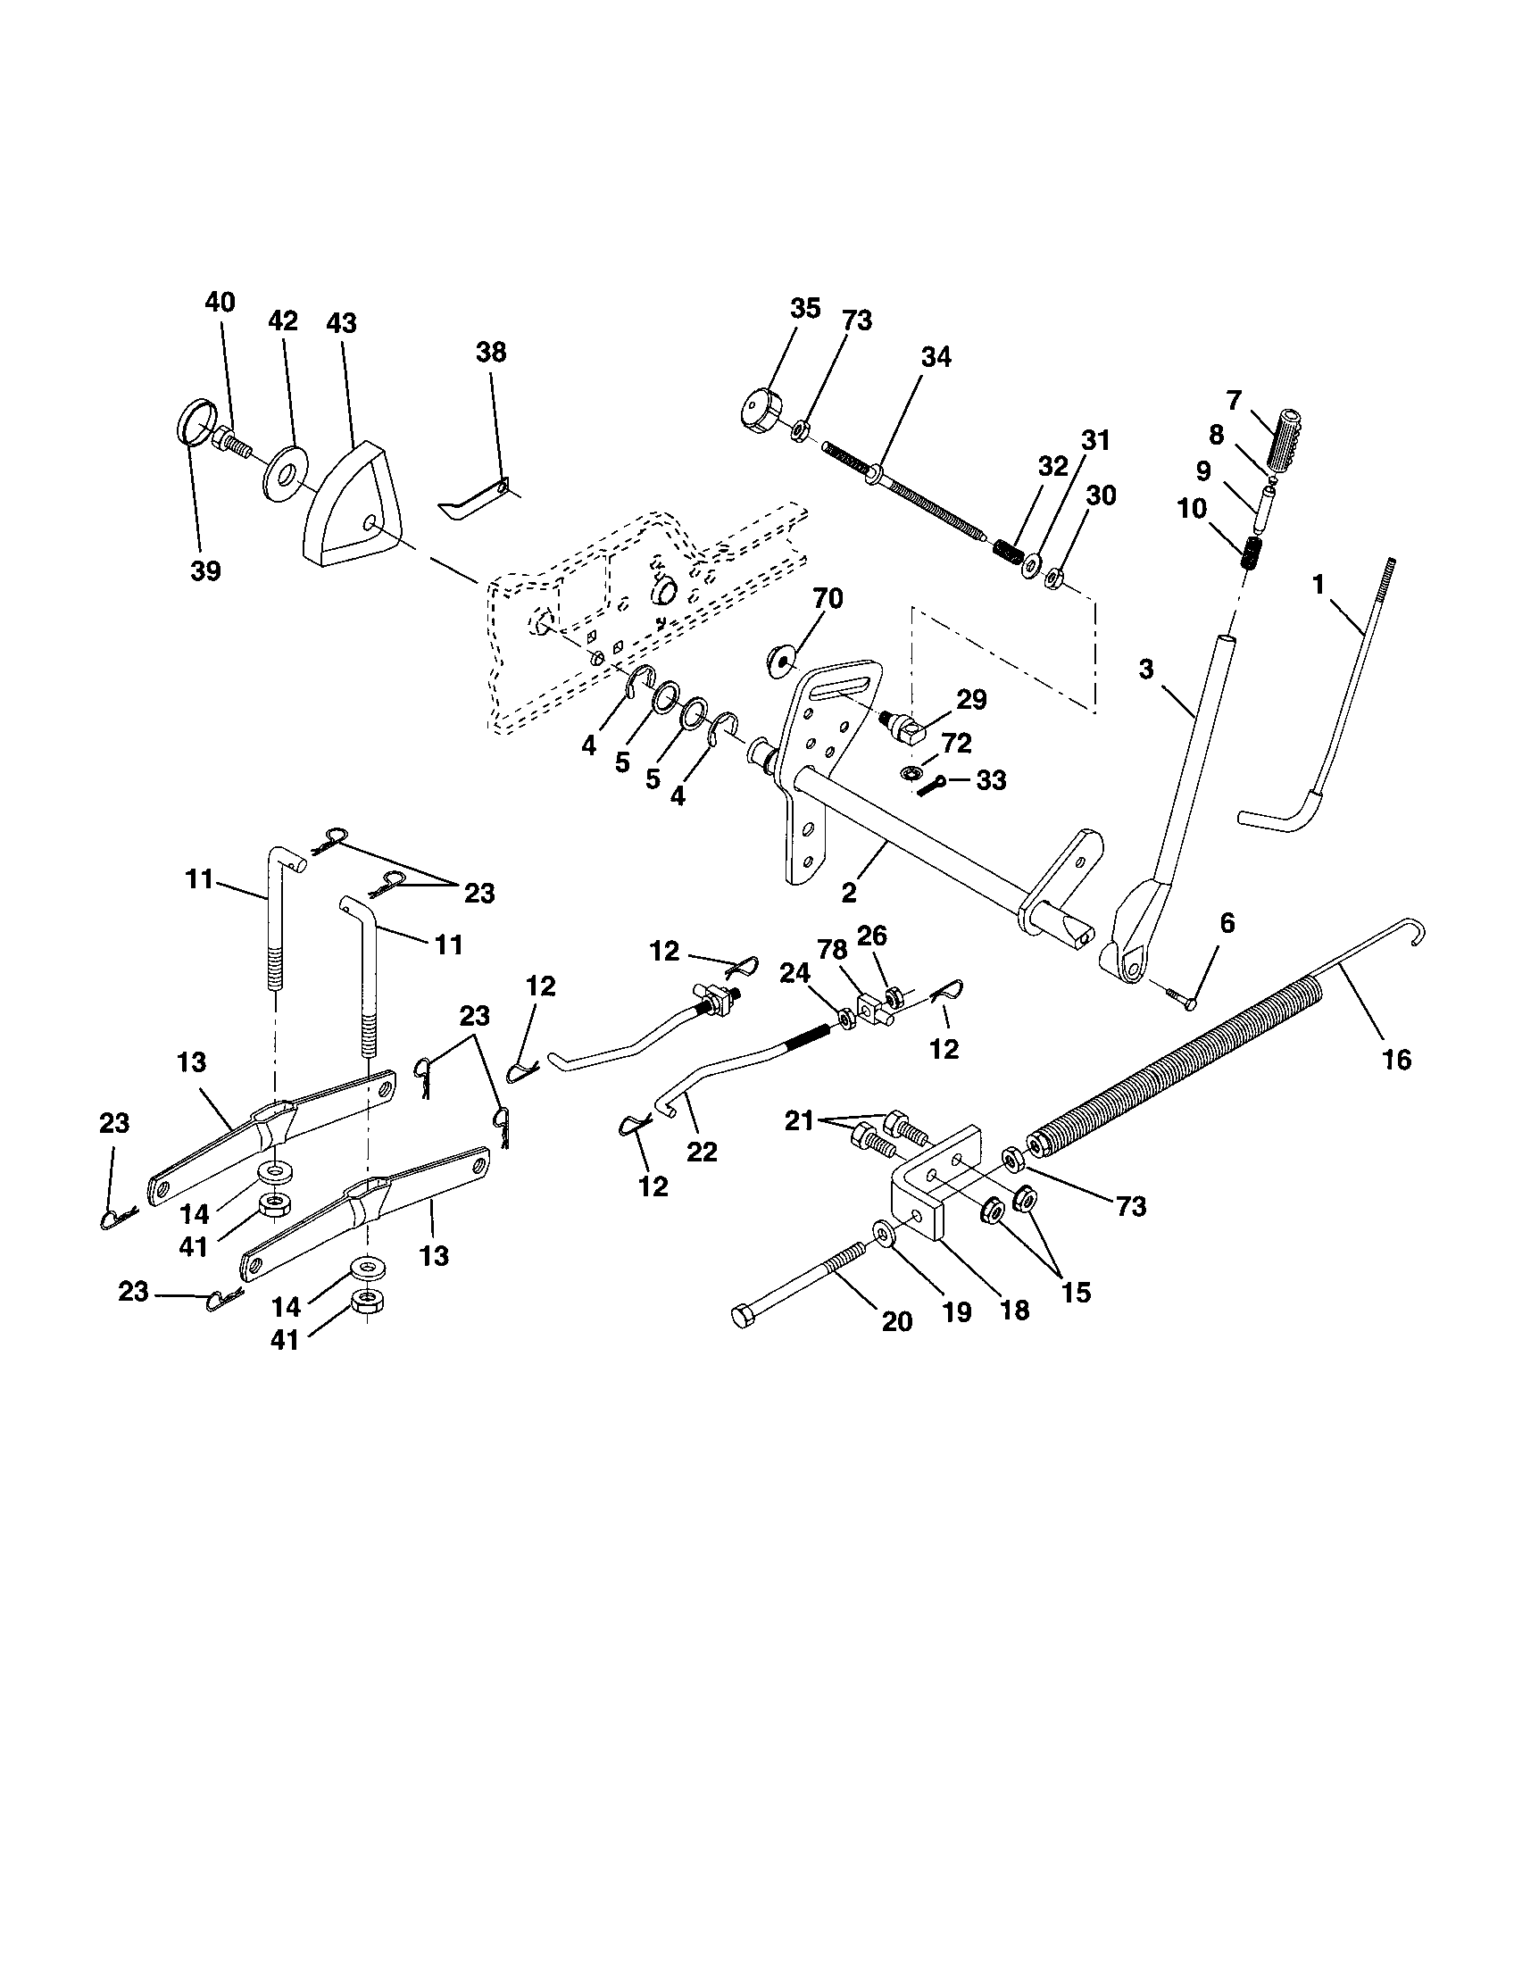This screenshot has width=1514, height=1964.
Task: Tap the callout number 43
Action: pyautogui.click(x=342, y=323)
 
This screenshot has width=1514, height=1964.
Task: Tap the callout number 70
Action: pyautogui.click(x=828, y=598)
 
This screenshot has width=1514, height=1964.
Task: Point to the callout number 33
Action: pyautogui.click(x=991, y=780)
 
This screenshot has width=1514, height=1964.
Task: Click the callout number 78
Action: pyautogui.click(x=831, y=950)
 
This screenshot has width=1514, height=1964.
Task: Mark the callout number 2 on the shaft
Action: pyautogui.click(x=848, y=892)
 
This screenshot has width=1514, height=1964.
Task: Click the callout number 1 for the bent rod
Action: pyautogui.click(x=1318, y=586)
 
